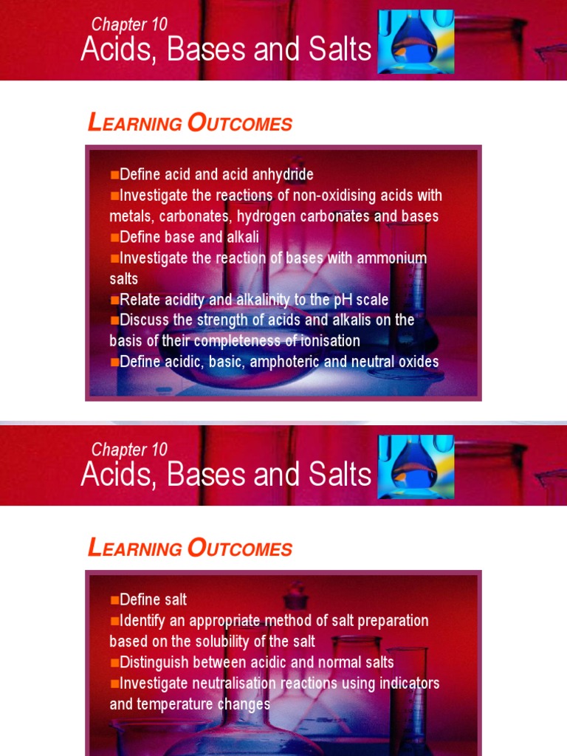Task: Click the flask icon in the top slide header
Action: click(x=416, y=41)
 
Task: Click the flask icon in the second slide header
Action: click(x=416, y=467)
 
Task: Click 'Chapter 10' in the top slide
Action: click(x=129, y=24)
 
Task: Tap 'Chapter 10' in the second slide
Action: click(x=129, y=450)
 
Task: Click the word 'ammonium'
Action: click(x=392, y=258)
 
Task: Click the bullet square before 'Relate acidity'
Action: click(x=114, y=300)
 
